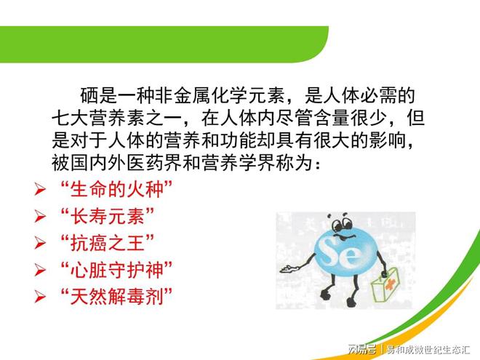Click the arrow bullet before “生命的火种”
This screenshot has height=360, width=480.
(41, 190)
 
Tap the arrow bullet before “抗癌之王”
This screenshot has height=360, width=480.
(41, 243)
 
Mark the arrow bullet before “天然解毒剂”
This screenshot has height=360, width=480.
(41, 297)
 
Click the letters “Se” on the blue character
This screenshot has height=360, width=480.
(334, 254)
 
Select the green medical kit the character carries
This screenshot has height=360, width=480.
(389, 289)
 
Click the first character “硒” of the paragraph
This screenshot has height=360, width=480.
(89, 95)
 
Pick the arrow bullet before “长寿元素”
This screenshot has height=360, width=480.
(41, 216)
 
